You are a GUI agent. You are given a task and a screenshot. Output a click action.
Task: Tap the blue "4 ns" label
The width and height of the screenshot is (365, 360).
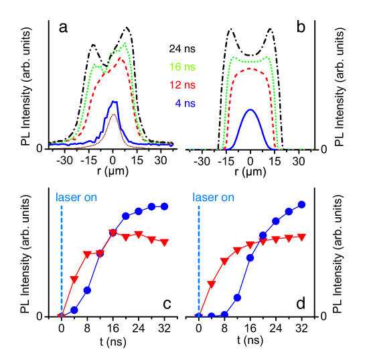(185, 103)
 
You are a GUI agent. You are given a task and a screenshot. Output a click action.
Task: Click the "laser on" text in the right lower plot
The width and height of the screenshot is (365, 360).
(213, 198)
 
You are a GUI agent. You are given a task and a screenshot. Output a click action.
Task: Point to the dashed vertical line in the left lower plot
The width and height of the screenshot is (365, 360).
(62, 261)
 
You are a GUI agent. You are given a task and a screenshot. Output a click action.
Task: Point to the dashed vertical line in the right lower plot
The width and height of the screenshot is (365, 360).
(199, 261)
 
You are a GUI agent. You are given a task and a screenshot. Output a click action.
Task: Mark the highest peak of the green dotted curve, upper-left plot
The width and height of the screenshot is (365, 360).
(125, 45)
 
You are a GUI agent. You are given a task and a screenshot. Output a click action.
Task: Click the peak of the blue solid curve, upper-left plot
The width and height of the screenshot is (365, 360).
(115, 102)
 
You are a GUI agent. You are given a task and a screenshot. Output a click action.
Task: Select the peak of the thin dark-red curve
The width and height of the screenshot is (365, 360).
(114, 115)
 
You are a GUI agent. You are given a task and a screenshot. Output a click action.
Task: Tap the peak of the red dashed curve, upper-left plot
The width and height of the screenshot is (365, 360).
(121, 58)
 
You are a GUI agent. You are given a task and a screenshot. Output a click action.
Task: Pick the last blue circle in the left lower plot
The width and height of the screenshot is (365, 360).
(165, 206)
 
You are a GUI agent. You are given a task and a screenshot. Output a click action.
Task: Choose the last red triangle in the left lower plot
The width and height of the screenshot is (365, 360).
(164, 242)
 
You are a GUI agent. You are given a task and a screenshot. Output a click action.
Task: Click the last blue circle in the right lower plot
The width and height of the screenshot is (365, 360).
(301, 204)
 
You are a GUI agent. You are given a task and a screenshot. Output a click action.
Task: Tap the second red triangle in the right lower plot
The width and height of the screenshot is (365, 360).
(212, 284)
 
